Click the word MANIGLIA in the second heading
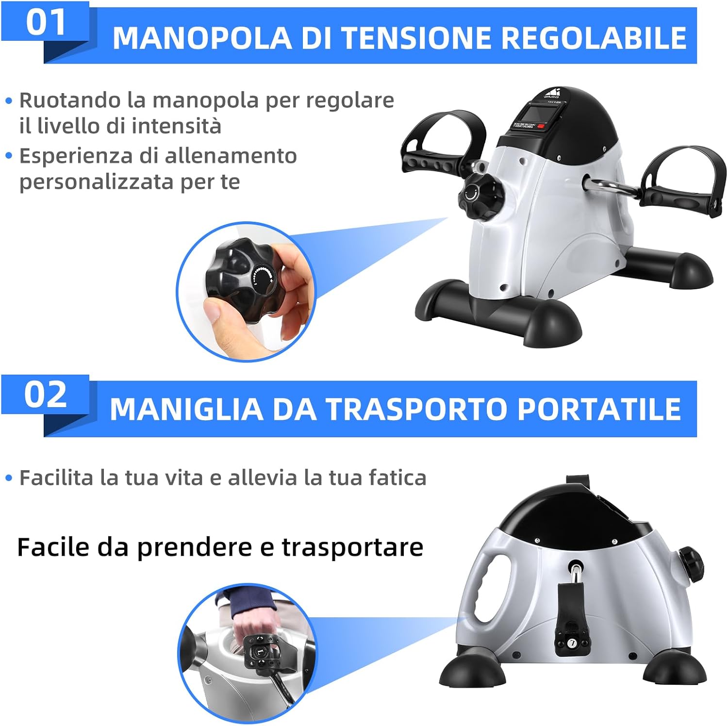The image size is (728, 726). click(186, 409)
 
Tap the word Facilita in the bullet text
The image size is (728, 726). click(56, 478)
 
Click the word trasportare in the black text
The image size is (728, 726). click(352, 547)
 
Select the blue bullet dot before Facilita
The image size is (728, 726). click(8, 478)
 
